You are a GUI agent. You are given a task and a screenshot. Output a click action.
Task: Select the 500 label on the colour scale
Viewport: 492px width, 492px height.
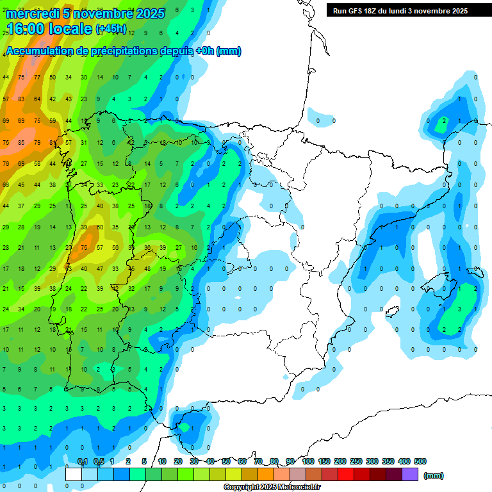(420, 462)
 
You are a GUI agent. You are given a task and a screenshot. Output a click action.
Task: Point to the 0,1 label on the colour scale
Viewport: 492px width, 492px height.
(82, 462)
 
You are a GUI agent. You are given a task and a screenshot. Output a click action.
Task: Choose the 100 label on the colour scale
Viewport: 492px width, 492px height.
(307, 462)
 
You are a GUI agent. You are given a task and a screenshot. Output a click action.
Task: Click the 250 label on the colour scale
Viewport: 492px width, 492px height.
(356, 462)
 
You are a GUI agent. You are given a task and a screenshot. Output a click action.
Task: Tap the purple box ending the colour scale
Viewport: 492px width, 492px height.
(410, 475)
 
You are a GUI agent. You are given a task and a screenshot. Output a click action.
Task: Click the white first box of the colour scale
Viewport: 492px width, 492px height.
(74, 475)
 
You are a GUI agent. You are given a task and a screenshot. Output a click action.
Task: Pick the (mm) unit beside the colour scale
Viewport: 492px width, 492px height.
(434, 475)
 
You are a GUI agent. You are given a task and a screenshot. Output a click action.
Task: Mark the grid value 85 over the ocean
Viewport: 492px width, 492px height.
(22, 142)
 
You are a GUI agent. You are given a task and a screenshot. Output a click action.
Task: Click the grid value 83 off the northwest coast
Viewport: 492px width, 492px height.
(22, 99)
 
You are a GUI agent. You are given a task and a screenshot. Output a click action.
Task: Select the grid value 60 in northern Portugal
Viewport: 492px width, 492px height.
(99, 227)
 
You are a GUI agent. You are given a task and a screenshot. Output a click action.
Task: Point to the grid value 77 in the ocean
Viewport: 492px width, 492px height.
(37, 78)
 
